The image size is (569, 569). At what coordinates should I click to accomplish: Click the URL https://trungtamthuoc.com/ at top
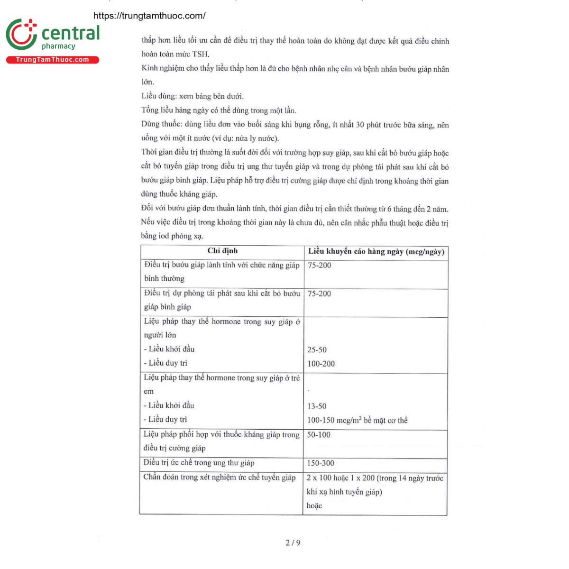coord(149,16)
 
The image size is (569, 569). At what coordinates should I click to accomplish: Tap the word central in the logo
coord(71,33)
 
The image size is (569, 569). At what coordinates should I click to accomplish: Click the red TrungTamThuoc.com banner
coord(52,60)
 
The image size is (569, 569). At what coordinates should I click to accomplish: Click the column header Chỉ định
coord(222,251)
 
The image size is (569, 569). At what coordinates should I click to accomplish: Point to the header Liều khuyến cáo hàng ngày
coord(376,252)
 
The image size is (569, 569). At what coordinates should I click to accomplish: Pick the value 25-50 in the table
coord(317,349)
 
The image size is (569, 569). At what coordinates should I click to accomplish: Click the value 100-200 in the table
coord(321,364)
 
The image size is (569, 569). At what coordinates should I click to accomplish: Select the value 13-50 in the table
coord(317,406)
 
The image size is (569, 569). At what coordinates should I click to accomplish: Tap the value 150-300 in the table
coord(321,463)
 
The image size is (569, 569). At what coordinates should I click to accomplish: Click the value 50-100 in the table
coord(319,435)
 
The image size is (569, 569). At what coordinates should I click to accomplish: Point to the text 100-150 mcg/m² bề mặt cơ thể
coord(357,421)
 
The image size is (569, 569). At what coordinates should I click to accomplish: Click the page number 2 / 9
coord(293,542)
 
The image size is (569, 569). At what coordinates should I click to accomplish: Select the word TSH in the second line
coord(201,55)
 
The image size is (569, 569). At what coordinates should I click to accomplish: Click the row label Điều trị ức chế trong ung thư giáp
coord(199,463)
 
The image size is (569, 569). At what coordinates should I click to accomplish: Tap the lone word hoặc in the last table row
coord(314,506)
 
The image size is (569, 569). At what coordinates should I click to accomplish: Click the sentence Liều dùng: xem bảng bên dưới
coord(193,96)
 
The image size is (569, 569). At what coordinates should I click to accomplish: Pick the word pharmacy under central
coord(58,46)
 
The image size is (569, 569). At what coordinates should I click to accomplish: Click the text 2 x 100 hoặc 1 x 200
coord(340,478)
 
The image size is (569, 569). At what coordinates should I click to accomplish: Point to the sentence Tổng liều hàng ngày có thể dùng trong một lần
coord(219,110)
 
